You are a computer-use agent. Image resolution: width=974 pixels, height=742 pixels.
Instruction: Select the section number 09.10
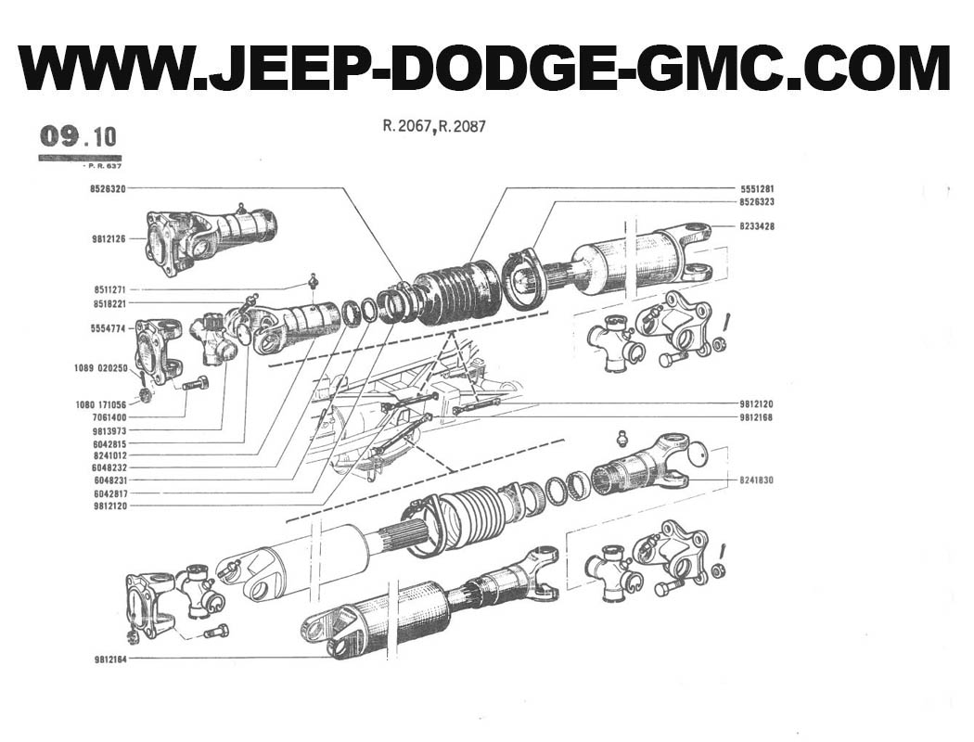pos(78,136)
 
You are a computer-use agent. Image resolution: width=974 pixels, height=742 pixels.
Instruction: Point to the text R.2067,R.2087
pos(433,127)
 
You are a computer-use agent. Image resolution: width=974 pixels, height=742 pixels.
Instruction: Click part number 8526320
pos(109,188)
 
